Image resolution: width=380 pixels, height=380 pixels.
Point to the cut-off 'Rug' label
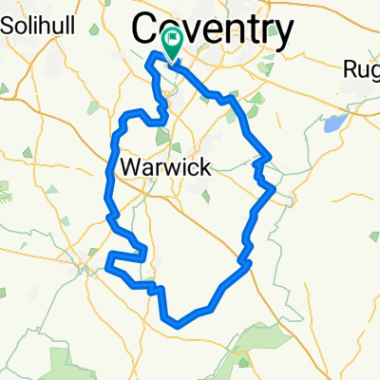364,67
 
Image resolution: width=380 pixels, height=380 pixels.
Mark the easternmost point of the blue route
274,188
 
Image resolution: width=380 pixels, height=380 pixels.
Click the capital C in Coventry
151,25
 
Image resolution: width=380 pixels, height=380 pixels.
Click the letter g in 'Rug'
373,70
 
